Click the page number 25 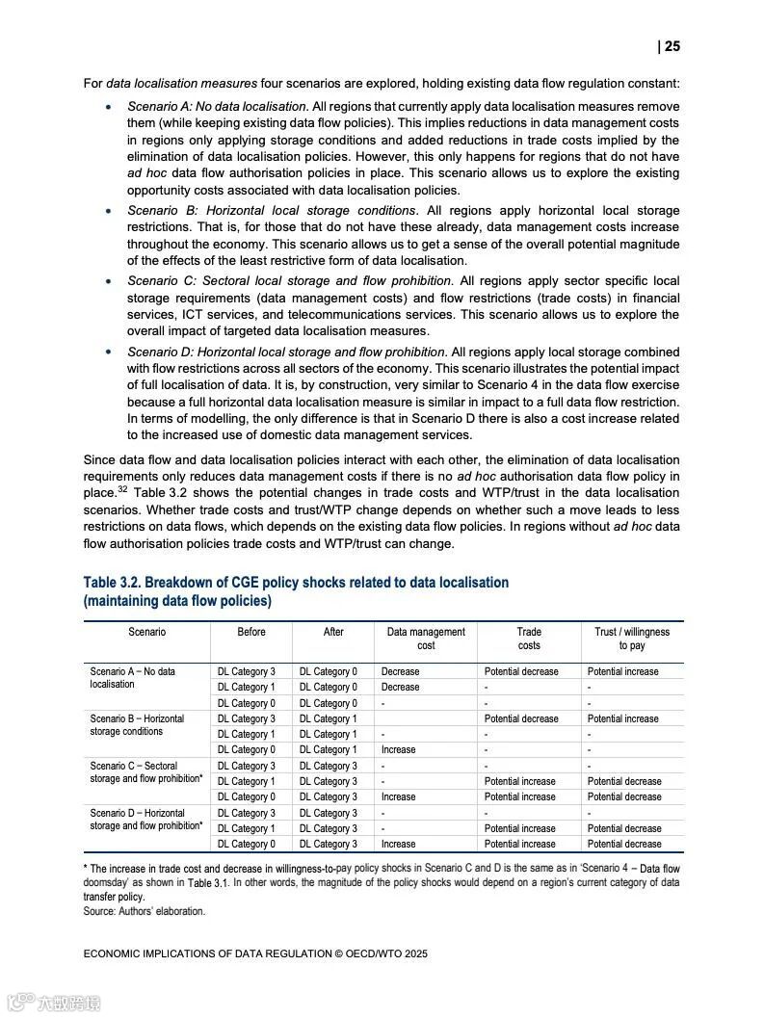coord(672,46)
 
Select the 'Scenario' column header coord(146,632)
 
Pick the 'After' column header coord(333,632)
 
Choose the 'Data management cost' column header coord(426,639)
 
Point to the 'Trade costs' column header coord(529,639)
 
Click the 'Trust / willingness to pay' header coord(632,639)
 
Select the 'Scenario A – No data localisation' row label coord(133,677)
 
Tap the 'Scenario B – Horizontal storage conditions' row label coord(137,724)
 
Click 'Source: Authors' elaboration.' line coord(145,910)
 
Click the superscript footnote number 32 coord(123,489)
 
